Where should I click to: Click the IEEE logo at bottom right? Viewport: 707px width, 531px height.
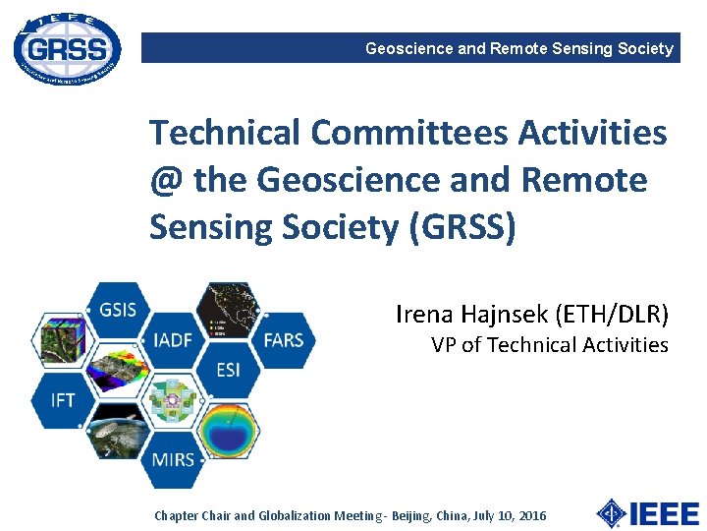[648, 513]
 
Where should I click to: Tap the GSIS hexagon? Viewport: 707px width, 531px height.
[118, 310]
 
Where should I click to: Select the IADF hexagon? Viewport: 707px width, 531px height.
[173, 340]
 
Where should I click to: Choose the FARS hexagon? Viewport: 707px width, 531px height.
[283, 340]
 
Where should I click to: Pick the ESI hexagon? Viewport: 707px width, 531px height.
[228, 370]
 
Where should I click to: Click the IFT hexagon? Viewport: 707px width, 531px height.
[63, 400]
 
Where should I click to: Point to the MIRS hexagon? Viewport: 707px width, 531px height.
[173, 458]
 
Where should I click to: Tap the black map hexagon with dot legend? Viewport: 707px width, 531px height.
[228, 311]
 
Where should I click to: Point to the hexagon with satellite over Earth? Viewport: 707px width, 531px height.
[118, 430]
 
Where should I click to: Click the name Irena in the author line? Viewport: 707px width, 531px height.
[425, 314]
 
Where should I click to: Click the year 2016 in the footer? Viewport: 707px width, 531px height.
[530, 515]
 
